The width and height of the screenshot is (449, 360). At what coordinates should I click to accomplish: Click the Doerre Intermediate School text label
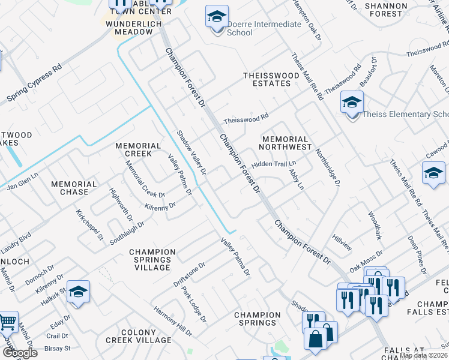264,28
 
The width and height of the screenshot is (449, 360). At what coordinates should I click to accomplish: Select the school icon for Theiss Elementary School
352,103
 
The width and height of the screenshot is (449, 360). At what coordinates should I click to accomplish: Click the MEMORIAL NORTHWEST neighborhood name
285,143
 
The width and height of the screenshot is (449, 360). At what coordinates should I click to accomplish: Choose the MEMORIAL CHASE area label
74,188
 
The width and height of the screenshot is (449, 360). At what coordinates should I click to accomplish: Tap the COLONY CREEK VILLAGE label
139,336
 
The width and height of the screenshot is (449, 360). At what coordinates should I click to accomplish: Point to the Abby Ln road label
296,179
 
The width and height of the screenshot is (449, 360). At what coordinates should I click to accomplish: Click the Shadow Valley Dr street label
191,153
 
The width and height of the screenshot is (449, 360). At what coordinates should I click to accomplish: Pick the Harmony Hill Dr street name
172,322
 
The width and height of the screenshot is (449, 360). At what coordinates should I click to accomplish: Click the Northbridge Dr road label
327,167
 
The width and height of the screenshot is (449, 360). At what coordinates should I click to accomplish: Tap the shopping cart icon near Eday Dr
7,323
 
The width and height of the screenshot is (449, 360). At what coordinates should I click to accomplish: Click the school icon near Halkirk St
78,292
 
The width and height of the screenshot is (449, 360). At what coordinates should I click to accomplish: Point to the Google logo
19,353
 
